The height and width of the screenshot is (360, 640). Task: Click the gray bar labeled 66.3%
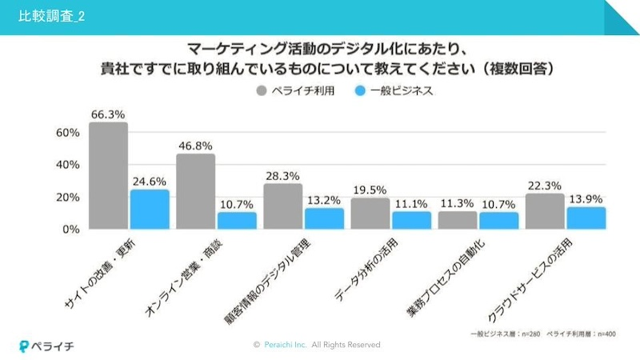pyautogui.click(x=108, y=176)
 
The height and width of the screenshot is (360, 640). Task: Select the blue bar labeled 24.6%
pyautogui.click(x=150, y=210)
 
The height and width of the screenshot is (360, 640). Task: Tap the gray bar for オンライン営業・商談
pyautogui.click(x=195, y=191)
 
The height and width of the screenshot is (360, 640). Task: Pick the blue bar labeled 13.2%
pyautogui.click(x=324, y=218)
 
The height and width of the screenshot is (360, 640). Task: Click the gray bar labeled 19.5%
pyautogui.click(x=370, y=214)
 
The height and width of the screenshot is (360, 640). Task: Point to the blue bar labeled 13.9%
pyautogui.click(x=586, y=218)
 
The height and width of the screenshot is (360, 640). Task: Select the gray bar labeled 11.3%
pyautogui.click(x=457, y=220)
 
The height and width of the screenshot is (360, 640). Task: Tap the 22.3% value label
pyautogui.click(x=544, y=185)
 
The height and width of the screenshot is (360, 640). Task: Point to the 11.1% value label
pyautogui.click(x=411, y=203)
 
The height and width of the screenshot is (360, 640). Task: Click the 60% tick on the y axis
pyautogui.click(x=67, y=132)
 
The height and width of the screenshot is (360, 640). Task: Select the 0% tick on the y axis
pyautogui.click(x=70, y=230)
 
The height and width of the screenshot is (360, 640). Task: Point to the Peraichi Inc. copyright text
pyautogui.click(x=316, y=345)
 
